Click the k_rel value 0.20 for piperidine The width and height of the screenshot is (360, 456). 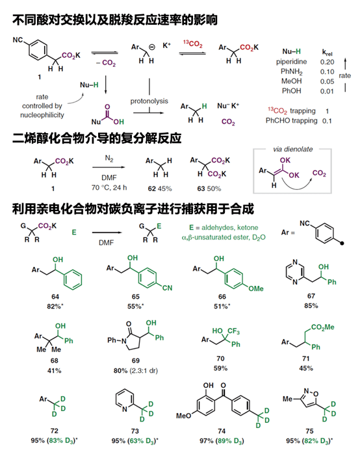(327, 62)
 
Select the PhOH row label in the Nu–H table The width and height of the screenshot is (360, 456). (291, 91)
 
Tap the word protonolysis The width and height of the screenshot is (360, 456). (149, 101)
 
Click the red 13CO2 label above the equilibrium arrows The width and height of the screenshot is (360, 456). (192, 44)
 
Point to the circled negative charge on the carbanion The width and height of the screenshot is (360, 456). (152, 47)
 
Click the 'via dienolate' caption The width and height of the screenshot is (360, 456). (293, 149)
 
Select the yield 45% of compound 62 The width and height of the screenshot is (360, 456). (165, 189)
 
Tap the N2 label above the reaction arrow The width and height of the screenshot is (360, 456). (109, 158)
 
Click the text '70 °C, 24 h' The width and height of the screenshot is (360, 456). (109, 188)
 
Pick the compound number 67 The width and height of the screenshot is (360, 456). (311, 296)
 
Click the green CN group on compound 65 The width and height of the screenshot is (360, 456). (168, 288)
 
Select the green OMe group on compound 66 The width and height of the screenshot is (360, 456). (256, 288)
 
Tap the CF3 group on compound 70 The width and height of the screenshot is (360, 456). (233, 331)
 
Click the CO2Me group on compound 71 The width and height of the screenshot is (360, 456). (322, 327)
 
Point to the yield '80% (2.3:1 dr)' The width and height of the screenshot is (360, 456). (136, 371)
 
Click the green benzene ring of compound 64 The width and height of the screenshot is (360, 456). (73, 279)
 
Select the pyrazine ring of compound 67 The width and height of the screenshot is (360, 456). (295, 272)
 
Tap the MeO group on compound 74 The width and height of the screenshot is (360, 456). (183, 416)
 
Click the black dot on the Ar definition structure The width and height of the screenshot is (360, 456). (342, 243)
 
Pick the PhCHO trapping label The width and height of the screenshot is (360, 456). (291, 121)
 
